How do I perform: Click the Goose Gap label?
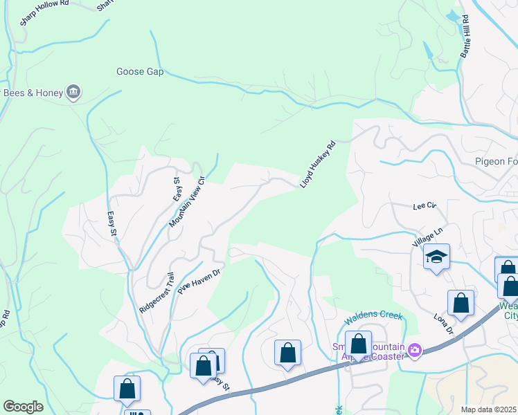coord(140,71)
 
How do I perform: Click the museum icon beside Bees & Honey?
coord(73,91)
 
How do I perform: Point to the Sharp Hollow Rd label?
coord(46,12)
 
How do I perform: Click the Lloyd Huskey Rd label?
coord(317,165)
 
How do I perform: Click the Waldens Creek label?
coord(373,315)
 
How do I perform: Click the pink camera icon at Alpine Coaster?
coord(415,351)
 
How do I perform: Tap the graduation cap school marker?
coord(436,257)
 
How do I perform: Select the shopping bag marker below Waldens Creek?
coord(358,344)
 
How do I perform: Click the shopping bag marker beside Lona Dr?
coord(461,302)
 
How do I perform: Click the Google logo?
coord(23,407)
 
